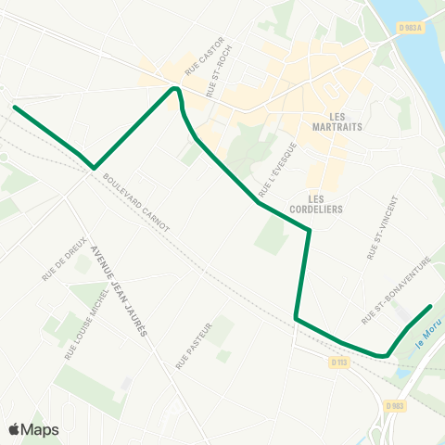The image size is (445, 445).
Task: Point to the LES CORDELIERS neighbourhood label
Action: tap(324, 203)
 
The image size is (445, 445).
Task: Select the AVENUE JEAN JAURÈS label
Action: tap(118, 289)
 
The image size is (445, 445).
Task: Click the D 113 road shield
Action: tap(339, 362)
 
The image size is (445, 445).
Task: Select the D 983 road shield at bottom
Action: tap(393, 405)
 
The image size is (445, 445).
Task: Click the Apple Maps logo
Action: tap(33, 429)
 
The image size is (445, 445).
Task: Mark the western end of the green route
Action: tap(14, 107)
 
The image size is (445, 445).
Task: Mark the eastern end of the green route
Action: tap(431, 306)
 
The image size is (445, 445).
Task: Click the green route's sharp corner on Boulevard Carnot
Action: tap(94, 168)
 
